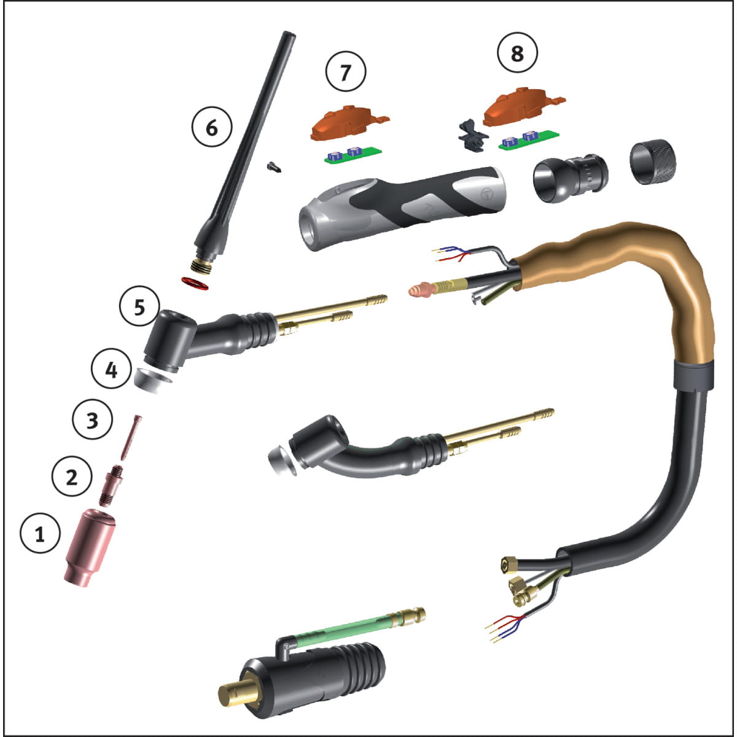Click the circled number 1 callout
click(40, 533)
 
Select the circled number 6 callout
click(212, 127)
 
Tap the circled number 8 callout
click(517, 53)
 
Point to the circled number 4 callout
click(111, 370)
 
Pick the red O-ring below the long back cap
click(195, 283)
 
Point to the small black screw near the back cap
click(274, 166)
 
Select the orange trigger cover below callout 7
click(349, 123)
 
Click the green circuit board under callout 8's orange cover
click(528, 141)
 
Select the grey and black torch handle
click(402, 208)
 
